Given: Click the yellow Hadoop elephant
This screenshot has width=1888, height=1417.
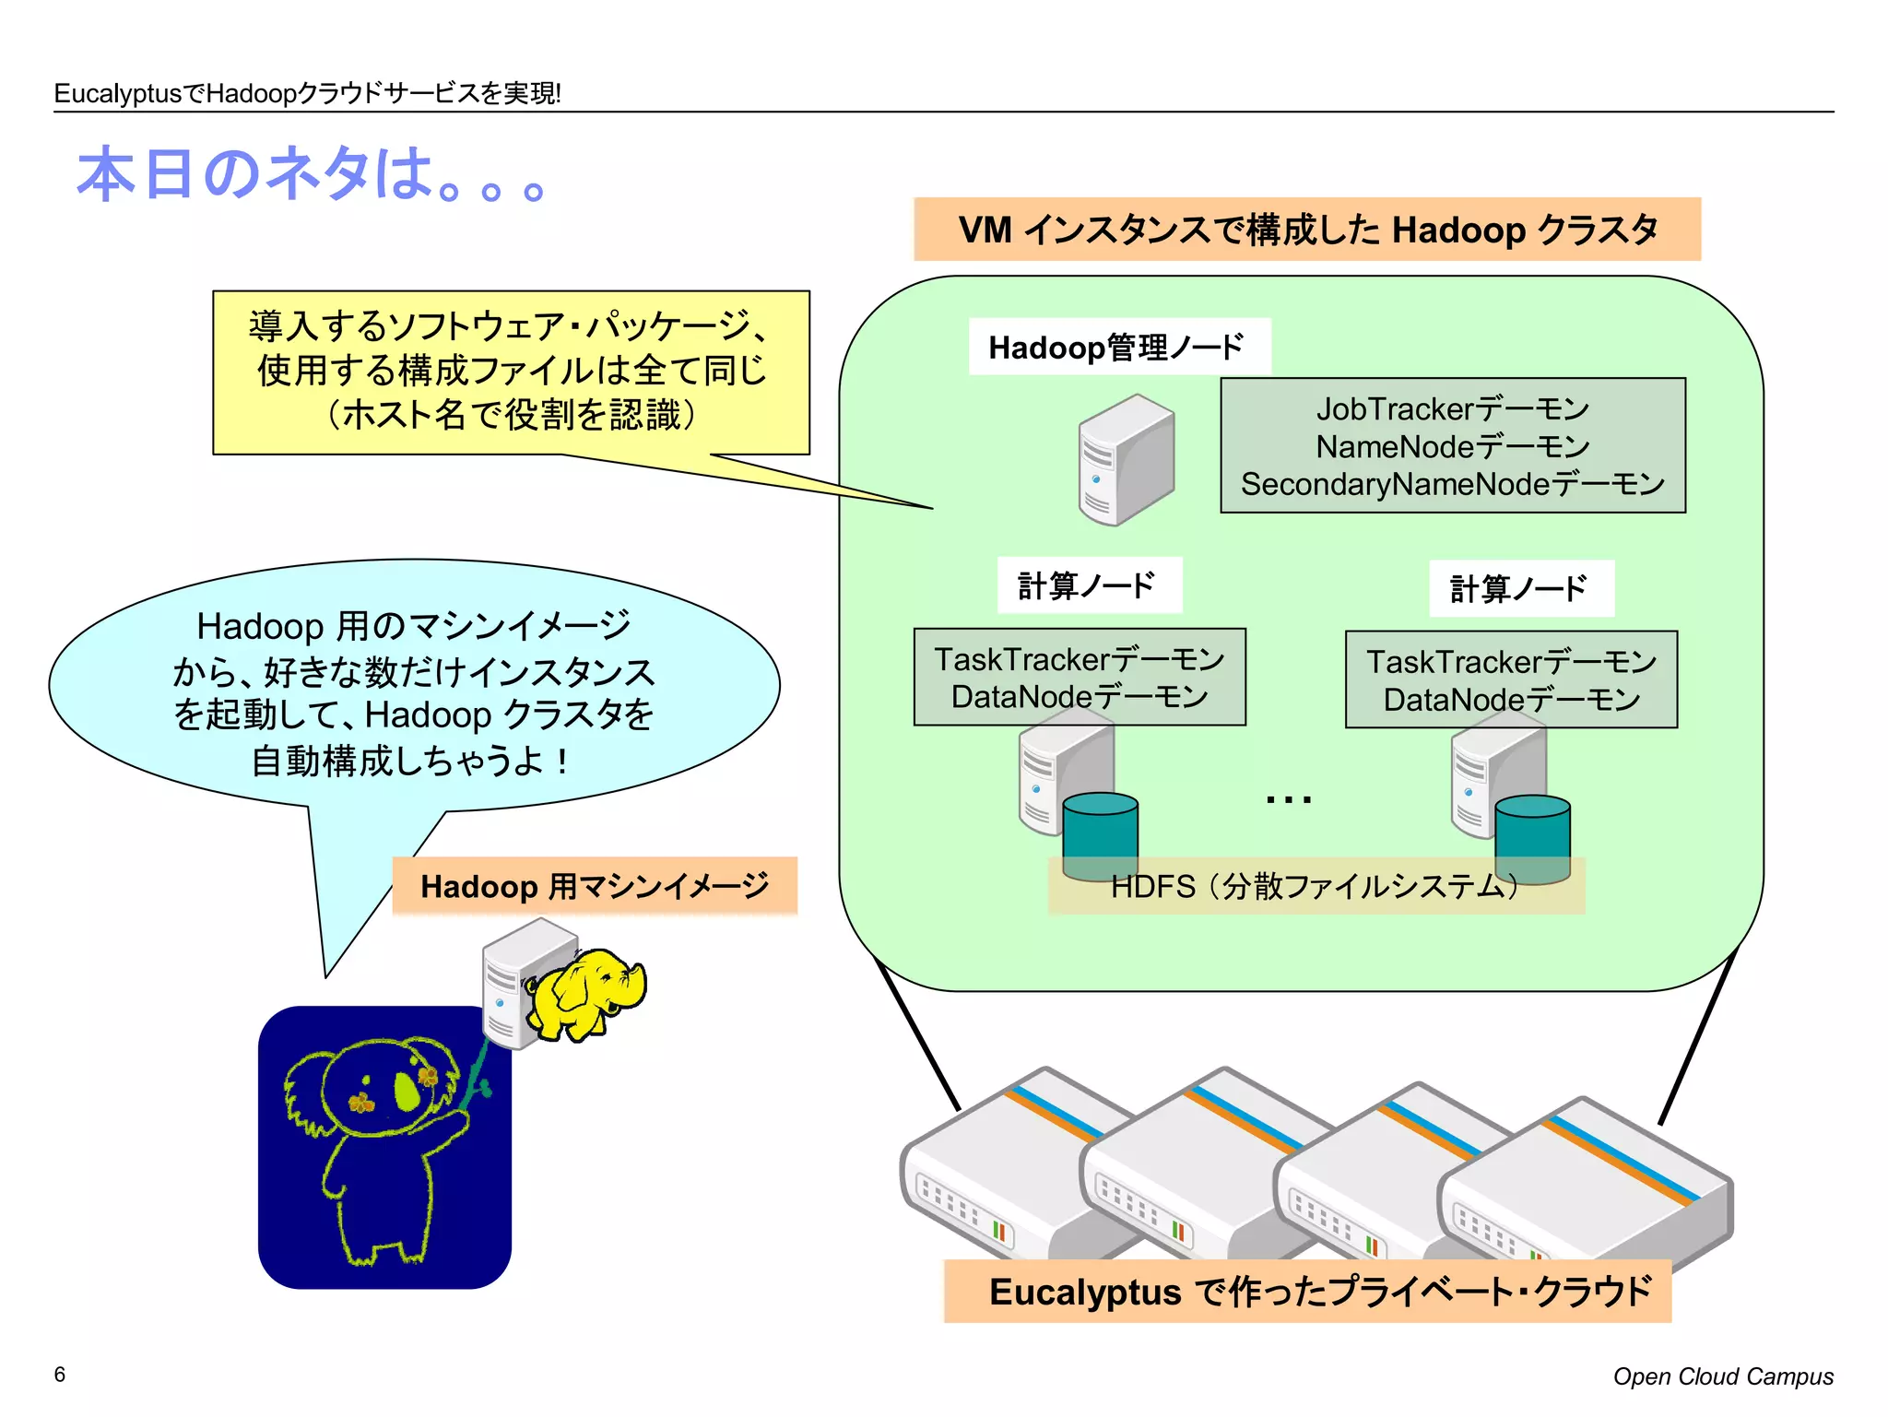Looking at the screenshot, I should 586,994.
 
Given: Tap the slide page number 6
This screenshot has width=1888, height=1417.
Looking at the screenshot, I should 60,1375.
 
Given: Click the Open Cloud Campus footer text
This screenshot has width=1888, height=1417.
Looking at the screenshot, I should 1722,1376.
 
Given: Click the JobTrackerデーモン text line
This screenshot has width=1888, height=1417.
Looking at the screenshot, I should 1452,408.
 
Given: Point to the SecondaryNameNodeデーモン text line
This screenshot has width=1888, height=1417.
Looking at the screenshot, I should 1452,484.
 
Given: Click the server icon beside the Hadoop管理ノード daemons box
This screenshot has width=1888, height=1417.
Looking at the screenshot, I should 1126,460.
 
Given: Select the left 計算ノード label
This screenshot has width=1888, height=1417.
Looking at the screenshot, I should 1088,585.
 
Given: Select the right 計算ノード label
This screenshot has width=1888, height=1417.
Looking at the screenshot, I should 1520,588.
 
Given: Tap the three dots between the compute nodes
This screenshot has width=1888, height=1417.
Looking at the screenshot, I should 1288,799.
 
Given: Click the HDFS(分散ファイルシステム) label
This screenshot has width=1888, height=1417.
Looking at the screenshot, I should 1315,886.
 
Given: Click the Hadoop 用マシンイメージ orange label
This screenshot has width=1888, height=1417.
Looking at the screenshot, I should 595,886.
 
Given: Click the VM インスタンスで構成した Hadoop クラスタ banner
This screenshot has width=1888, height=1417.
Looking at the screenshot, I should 1306,230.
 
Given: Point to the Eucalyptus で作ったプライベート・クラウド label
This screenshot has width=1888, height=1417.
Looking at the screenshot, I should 1306,1292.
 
